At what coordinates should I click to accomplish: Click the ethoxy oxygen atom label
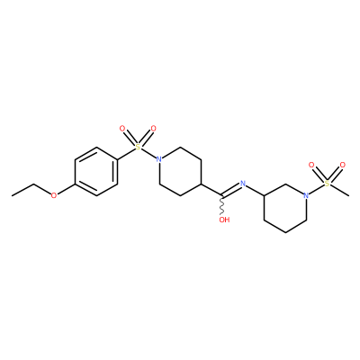click(54, 195)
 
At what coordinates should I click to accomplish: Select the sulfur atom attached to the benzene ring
click(138, 147)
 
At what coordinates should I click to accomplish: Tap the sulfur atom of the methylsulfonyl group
click(327, 183)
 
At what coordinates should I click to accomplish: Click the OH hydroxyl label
click(224, 220)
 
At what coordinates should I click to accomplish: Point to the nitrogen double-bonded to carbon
click(243, 183)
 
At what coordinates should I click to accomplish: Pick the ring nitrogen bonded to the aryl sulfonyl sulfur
click(159, 159)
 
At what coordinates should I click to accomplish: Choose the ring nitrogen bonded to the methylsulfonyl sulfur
click(306, 195)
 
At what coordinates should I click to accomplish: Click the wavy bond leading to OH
click(222, 205)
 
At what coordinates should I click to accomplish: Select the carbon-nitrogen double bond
click(231, 190)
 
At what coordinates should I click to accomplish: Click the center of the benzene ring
click(96, 172)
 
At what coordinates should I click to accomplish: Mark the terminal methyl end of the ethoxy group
click(12, 196)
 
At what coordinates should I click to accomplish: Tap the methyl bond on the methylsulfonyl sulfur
click(339, 190)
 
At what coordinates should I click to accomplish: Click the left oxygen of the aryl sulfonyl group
click(122, 129)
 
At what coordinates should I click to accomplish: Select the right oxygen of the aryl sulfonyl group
click(154, 129)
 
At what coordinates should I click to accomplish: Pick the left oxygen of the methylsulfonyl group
click(311, 165)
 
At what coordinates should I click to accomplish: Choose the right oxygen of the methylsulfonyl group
click(343, 165)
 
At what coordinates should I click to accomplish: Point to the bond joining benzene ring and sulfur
click(126, 154)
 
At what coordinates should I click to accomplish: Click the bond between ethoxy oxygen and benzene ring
click(66, 189)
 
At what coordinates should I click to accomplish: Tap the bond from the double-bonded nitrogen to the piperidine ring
click(255, 190)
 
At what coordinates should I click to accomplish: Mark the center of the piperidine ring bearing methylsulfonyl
click(285, 208)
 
